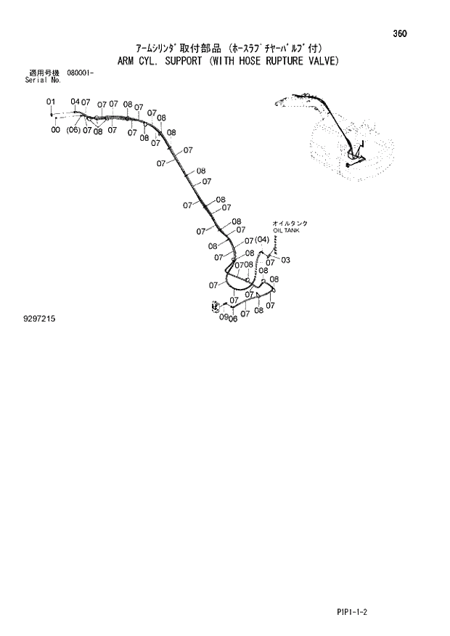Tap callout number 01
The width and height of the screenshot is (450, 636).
pos(51,102)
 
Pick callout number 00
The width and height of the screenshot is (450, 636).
pos(55,130)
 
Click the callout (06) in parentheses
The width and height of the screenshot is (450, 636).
pos(73,131)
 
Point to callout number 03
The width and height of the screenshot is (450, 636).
pos(285,260)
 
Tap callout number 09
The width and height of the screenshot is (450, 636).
pos(224,317)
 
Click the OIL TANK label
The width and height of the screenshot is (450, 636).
pos(285,230)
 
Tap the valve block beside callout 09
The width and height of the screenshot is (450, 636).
pos(216,307)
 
